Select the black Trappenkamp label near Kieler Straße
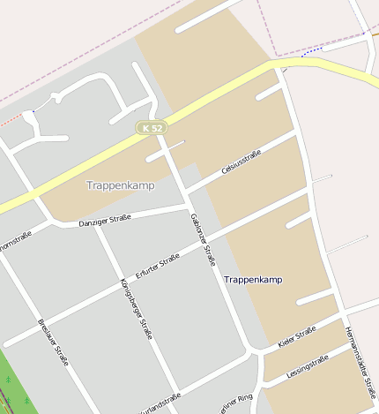pos(253,279)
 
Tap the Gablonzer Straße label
pos(203,239)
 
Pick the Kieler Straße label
pos(296,336)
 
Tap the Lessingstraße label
pos(308,366)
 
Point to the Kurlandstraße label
pos(158,402)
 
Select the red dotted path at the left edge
pos(9,117)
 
